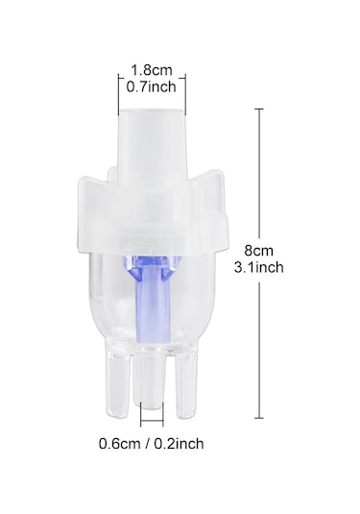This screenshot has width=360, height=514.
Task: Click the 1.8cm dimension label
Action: point(152,69)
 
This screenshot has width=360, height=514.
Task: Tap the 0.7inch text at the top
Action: point(152,86)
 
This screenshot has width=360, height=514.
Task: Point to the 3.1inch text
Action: point(257,269)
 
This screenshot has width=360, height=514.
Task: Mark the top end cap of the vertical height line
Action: point(259,110)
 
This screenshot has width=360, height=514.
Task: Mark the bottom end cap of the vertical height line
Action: point(259,417)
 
